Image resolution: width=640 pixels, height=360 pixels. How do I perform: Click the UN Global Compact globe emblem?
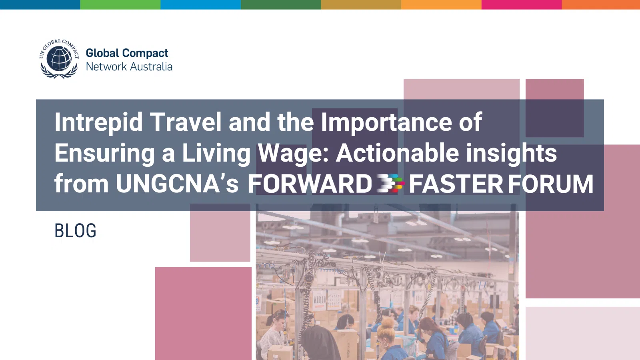point(59,58)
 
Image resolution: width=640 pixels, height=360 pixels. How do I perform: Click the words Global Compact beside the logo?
point(127,53)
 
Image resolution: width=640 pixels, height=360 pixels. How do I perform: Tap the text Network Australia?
point(129,66)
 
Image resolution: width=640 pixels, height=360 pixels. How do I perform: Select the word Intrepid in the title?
point(98,122)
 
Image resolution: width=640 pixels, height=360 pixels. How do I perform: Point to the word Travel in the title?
point(186,122)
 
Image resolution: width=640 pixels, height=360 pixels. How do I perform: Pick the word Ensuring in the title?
point(104,153)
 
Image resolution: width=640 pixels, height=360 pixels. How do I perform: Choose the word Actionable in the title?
point(397,153)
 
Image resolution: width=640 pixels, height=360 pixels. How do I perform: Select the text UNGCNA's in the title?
point(177,184)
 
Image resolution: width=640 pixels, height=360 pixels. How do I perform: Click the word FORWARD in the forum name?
point(310,184)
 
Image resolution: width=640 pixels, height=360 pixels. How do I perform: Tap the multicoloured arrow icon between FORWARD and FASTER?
point(390,183)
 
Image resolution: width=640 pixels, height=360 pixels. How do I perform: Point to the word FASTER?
point(456,184)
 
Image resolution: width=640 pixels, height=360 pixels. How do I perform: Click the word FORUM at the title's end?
point(551,184)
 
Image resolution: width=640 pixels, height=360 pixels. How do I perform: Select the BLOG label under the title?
point(76,230)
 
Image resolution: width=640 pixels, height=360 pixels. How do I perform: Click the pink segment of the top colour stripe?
point(522,4)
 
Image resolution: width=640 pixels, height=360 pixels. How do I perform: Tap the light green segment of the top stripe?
point(120,4)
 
